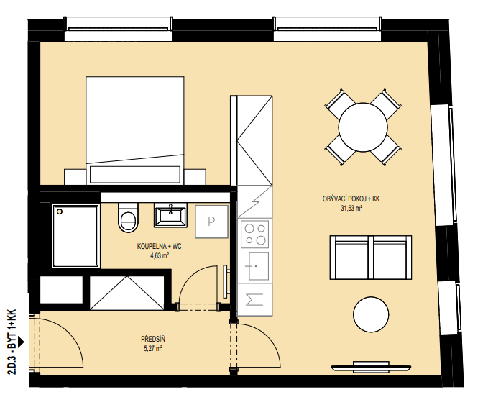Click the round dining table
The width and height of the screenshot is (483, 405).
point(363,127)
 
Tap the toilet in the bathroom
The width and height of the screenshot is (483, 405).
point(128,217)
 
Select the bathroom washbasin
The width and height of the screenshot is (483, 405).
point(170,216)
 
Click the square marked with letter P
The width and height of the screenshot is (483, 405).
point(211,222)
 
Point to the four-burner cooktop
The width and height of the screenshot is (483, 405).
point(254,234)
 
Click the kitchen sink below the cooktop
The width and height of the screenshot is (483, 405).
point(259,266)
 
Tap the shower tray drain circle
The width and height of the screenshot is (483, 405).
point(60,211)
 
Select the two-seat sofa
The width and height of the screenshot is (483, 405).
point(371,258)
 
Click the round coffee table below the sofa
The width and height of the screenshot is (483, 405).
point(371,314)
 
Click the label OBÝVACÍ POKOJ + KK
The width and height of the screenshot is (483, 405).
point(351,199)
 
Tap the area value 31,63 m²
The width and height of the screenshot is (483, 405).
point(351,209)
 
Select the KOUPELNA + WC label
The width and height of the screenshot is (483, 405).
point(160,246)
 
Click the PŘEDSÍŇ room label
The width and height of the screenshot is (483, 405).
point(153,339)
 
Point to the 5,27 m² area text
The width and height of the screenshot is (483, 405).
point(152,349)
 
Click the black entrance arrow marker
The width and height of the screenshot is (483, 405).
point(21,342)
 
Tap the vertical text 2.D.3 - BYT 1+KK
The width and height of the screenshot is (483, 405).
point(12,342)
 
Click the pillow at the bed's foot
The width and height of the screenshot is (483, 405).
point(135,175)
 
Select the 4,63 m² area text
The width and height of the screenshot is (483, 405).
point(159,256)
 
